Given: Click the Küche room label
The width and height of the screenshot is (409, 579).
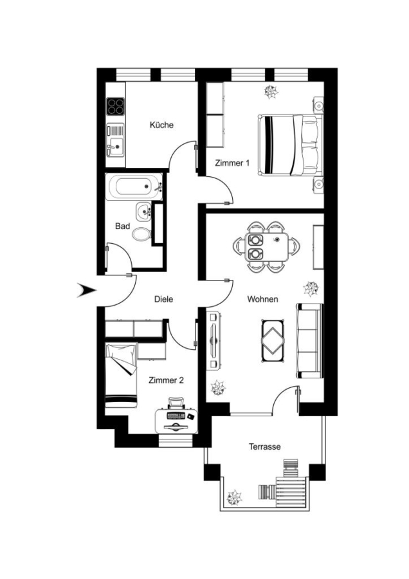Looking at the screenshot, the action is (161, 125).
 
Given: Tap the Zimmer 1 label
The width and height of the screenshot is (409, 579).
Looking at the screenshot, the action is (232, 163).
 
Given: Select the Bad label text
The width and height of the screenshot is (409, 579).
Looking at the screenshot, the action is (123, 226).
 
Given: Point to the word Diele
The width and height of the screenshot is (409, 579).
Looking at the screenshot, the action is (163, 299).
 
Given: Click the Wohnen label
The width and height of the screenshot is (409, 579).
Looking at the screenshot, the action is (262, 299).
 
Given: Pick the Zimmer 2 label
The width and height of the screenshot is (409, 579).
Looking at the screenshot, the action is (166, 380).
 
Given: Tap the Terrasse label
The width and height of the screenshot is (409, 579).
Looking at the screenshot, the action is (265, 447).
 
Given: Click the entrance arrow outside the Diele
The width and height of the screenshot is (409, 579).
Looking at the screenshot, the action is (86, 290).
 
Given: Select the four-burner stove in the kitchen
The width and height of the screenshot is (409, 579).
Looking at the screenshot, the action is (115, 106).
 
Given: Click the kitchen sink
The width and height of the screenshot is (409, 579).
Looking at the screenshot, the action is (115, 141).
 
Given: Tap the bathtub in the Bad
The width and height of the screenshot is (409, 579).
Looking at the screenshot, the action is (134, 187).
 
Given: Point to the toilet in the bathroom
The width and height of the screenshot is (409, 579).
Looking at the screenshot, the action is (141, 234).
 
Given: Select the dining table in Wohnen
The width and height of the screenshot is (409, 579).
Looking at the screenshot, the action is (266, 246).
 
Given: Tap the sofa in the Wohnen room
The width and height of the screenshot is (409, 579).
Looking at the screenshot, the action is (309, 340).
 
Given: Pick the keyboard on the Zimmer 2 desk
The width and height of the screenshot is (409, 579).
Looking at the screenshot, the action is (176, 416).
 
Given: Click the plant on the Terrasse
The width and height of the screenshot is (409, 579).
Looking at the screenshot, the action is (235, 498).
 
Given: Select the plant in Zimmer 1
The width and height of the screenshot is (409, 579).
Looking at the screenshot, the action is (271, 92).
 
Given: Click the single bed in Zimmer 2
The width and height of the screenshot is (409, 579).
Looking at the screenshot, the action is (121, 376).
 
